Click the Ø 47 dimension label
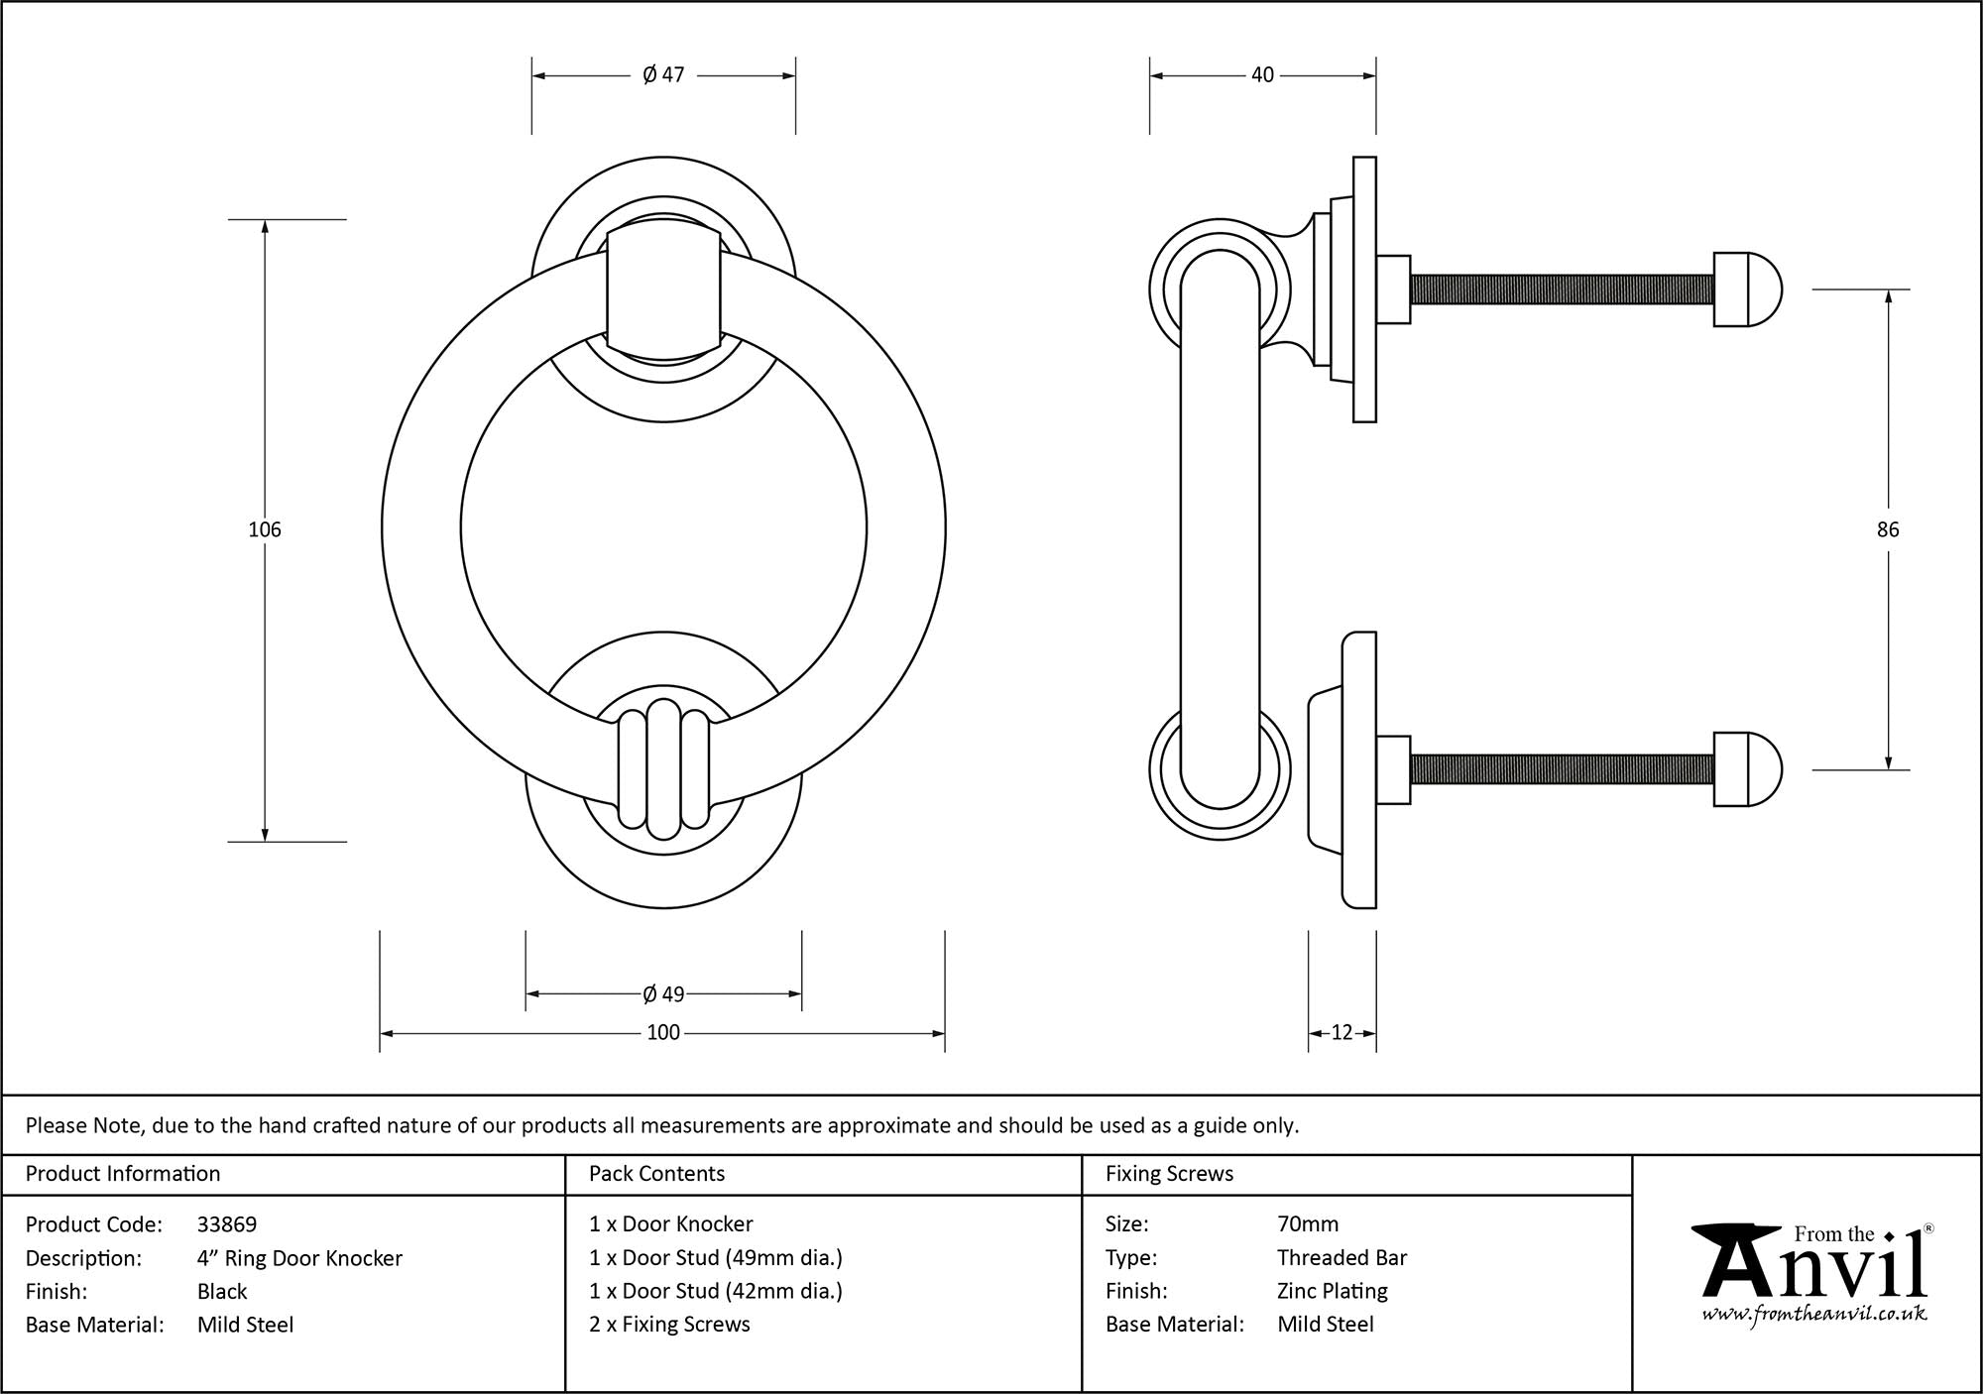pyautogui.click(x=663, y=75)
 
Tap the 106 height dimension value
pyautogui.click(x=265, y=529)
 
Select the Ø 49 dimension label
pyautogui.click(x=663, y=993)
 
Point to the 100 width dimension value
pyautogui.click(x=663, y=1033)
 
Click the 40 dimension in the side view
pyautogui.click(x=1262, y=75)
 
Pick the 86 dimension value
pyautogui.click(x=1888, y=529)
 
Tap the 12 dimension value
pyautogui.click(x=1341, y=1033)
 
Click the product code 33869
pyautogui.click(x=227, y=1224)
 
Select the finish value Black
pyautogui.click(x=222, y=1291)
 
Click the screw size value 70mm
pyautogui.click(x=1308, y=1224)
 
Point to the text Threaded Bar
pyautogui.click(x=1341, y=1258)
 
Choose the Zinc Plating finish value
pyautogui.click(x=1332, y=1291)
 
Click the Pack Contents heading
pyautogui.click(x=656, y=1174)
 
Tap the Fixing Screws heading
pyautogui.click(x=1169, y=1174)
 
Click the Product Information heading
pyautogui.click(x=123, y=1174)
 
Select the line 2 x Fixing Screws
pyautogui.click(x=669, y=1325)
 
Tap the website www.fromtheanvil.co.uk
pyautogui.click(x=1814, y=1315)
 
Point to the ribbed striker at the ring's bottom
pyautogui.click(x=663, y=766)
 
